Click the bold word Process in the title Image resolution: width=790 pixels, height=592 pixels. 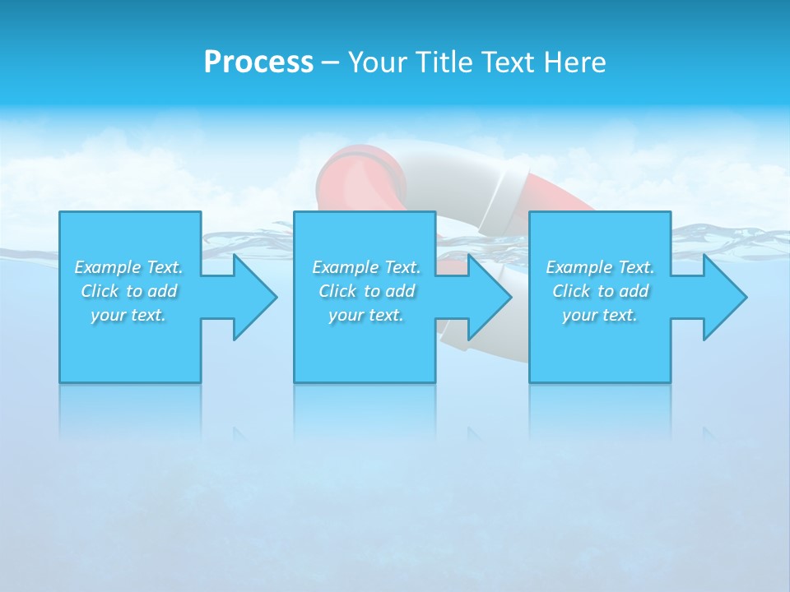(x=258, y=62)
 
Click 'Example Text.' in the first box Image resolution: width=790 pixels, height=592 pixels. (x=129, y=267)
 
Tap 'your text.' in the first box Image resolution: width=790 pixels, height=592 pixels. (x=128, y=315)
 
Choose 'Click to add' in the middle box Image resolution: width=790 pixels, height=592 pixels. (x=366, y=291)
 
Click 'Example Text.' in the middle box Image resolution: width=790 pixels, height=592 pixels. (x=366, y=267)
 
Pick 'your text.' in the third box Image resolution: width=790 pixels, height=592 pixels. (x=599, y=315)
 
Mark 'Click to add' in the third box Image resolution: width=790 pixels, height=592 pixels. (x=600, y=291)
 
